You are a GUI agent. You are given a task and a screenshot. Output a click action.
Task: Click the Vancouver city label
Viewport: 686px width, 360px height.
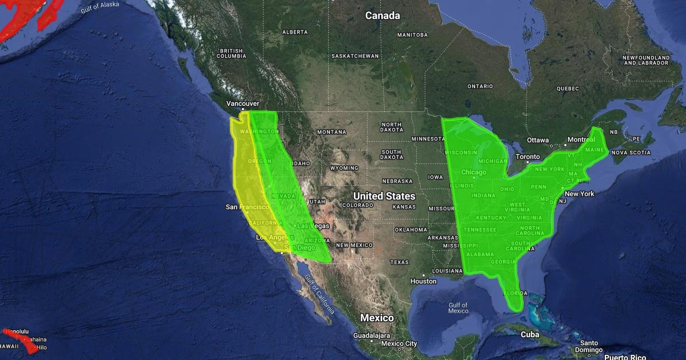click(x=242, y=103)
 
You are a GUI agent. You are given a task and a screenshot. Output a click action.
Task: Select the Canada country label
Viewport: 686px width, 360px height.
click(x=382, y=15)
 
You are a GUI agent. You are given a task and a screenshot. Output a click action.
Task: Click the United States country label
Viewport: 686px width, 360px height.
click(x=384, y=196)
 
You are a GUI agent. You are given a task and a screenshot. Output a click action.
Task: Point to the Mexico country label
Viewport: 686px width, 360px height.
click(x=377, y=318)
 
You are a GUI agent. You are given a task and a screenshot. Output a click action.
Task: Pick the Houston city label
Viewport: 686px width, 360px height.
click(x=423, y=281)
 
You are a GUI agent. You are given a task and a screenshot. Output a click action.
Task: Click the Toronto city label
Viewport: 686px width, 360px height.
click(x=527, y=157)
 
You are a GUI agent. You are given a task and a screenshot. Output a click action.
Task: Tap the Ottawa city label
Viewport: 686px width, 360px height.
click(x=537, y=140)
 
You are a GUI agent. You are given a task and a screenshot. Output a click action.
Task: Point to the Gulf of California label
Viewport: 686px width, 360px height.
click(x=319, y=294)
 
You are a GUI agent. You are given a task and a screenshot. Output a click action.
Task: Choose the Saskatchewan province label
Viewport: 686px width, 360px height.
click(x=355, y=56)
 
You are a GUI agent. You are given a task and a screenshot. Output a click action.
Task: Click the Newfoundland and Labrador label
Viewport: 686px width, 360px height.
click(x=646, y=60)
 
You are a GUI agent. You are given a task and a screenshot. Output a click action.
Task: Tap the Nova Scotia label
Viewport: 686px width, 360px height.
click(x=631, y=153)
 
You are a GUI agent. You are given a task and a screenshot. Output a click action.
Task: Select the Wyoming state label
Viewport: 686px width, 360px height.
click(x=344, y=168)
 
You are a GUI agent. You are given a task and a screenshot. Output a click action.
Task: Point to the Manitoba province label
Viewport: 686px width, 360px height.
click(x=412, y=35)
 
